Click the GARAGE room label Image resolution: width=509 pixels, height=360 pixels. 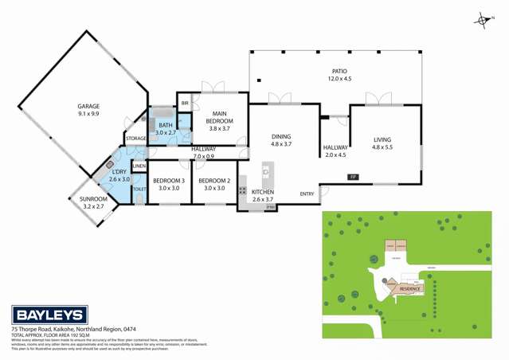pyautogui.click(x=88, y=106)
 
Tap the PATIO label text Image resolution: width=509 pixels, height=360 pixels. pyautogui.click(x=339, y=71)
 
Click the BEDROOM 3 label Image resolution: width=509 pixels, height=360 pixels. pyautogui.click(x=169, y=180)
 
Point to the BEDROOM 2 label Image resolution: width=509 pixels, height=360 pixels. pyautogui.click(x=217, y=180)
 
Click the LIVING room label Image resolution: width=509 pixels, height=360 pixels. pyautogui.click(x=382, y=140)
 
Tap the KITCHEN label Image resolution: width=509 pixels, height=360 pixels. pyautogui.click(x=264, y=193)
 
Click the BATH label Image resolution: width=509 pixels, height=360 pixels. pyautogui.click(x=165, y=125)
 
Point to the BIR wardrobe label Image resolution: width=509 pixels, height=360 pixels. pyautogui.click(x=185, y=104)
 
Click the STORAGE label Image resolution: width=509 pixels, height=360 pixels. pyautogui.click(x=135, y=139)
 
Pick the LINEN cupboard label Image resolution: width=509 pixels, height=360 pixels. pyautogui.click(x=139, y=166)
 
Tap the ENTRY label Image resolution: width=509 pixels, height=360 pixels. pyautogui.click(x=307, y=194)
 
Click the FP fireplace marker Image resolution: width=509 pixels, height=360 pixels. pyautogui.click(x=351, y=176)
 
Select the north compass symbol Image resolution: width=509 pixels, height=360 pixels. pyautogui.click(x=480, y=20)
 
